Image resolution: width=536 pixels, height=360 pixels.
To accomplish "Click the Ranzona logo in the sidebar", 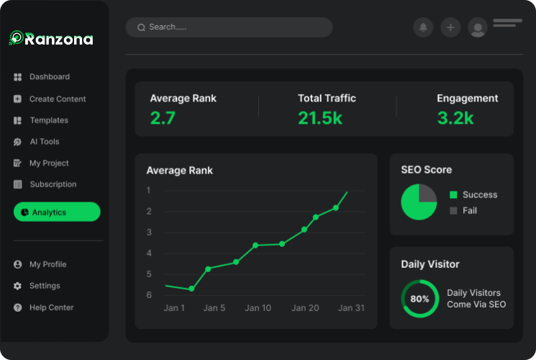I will [51, 39].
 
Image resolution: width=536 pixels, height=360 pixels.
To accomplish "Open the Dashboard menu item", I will [49, 77].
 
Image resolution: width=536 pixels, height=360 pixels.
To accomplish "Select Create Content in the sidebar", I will [57, 99].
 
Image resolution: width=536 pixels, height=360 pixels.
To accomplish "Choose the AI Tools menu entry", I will [44, 142].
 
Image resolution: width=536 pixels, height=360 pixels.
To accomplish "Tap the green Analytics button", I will [57, 212].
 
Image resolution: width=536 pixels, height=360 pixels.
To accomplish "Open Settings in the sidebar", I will [44, 286].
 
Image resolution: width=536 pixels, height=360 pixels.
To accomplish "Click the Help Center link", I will [51, 307].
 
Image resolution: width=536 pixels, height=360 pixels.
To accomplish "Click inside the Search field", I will [229, 27].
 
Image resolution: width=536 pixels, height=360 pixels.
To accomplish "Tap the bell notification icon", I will [423, 27].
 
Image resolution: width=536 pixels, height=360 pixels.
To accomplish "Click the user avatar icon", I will [477, 28].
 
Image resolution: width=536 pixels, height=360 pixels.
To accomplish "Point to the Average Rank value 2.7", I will [163, 118].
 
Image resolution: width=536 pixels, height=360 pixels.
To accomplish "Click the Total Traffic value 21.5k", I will [320, 118].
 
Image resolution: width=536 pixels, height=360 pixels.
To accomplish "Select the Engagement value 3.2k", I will [455, 118].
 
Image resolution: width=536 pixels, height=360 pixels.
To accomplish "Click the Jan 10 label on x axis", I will [258, 308].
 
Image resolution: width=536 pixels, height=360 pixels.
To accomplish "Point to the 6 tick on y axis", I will [149, 295].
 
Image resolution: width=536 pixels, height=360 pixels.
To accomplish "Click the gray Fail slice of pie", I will [427, 194].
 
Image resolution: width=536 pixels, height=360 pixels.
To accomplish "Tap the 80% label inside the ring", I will [419, 299].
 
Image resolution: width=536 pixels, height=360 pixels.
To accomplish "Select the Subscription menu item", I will [53, 184].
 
